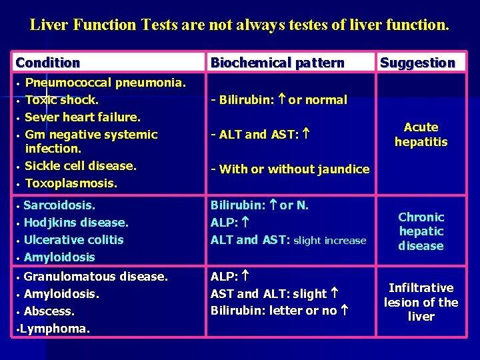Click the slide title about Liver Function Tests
(x=240, y=26)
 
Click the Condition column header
(x=48, y=63)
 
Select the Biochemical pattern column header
(x=277, y=63)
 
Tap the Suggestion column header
(x=417, y=63)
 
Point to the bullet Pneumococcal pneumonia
(x=105, y=83)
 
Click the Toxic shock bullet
(x=61, y=100)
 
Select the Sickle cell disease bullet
(x=80, y=165)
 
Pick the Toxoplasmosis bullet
(x=71, y=183)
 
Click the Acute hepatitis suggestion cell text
(x=421, y=134)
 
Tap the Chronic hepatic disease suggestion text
(x=421, y=231)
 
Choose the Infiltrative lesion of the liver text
(x=421, y=302)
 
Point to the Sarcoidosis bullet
(x=59, y=205)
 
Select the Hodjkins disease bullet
(x=75, y=222)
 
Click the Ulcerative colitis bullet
(x=73, y=239)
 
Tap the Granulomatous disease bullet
(x=95, y=276)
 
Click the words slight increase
(x=329, y=240)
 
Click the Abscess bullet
(x=49, y=311)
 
